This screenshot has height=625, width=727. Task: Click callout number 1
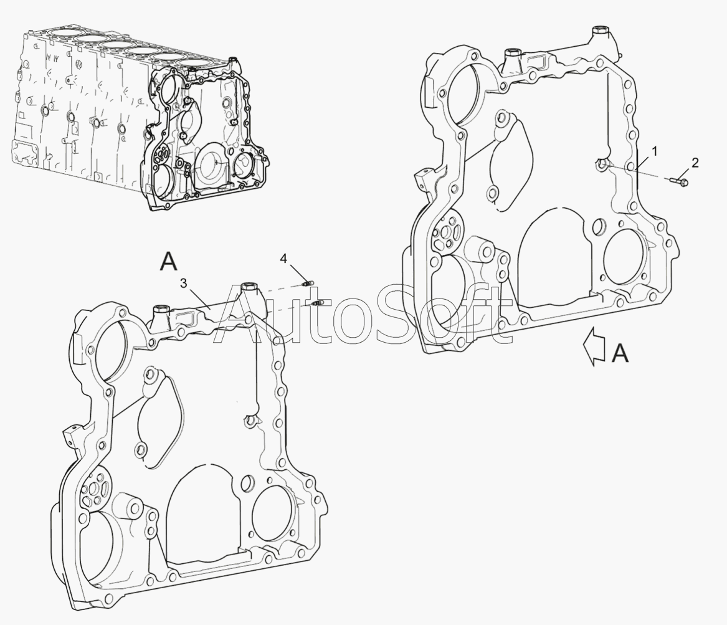654,151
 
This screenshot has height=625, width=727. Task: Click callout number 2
695,162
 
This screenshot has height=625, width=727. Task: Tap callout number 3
184,284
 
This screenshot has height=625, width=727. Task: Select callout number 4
283,258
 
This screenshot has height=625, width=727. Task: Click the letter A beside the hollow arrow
620,353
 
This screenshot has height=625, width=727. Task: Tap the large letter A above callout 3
168,261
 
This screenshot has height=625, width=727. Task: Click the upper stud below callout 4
308,283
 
